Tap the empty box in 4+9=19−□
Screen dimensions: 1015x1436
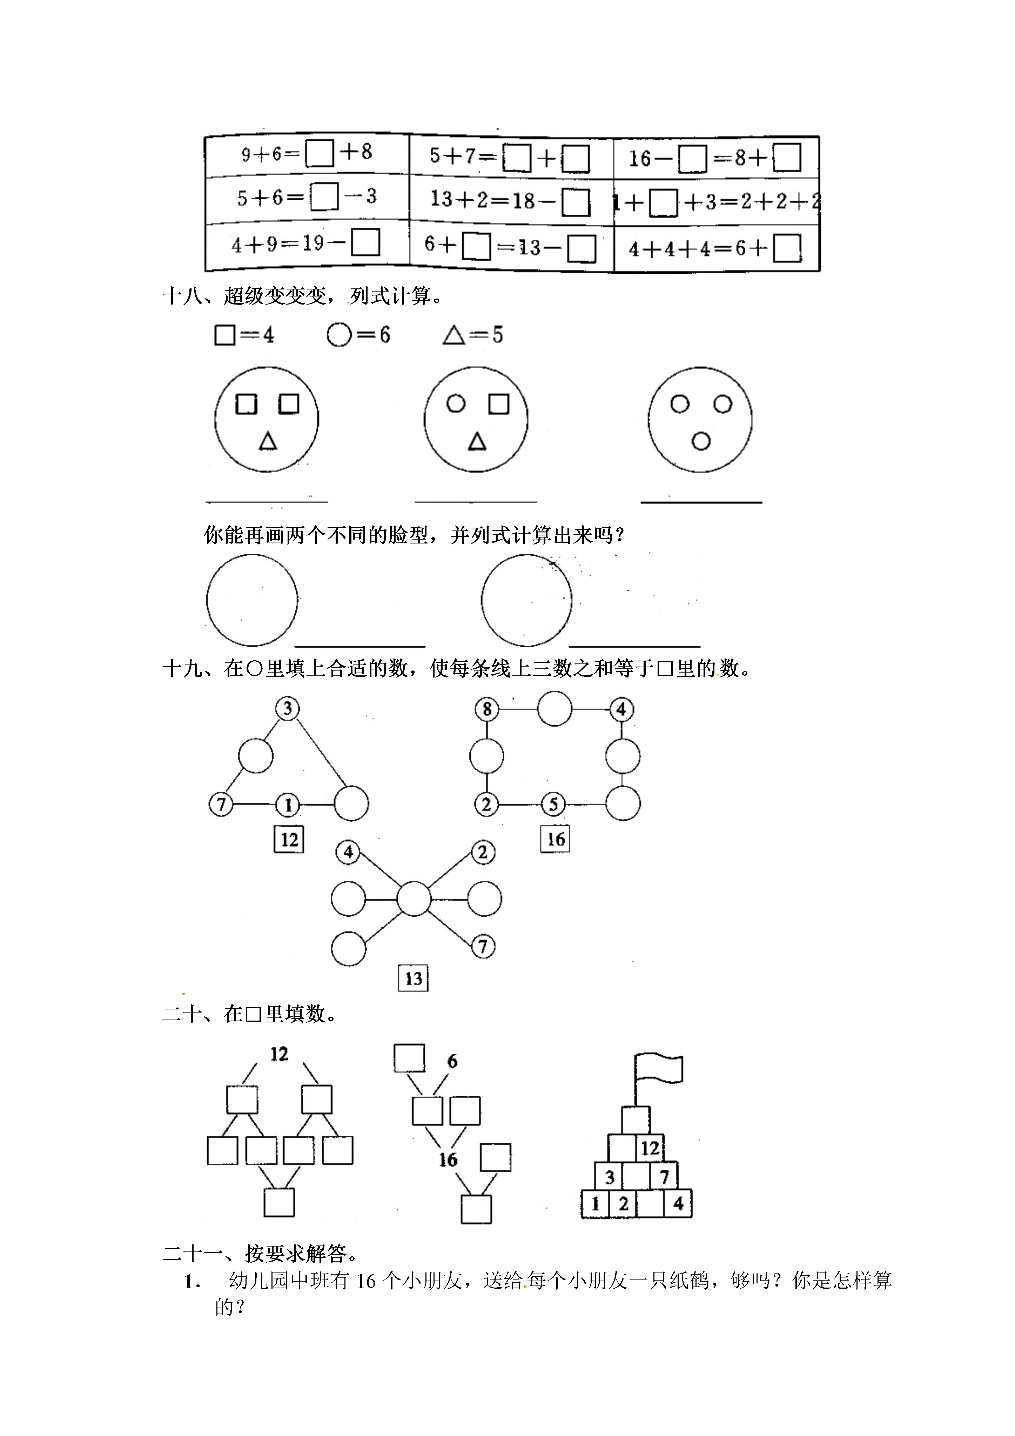click(x=365, y=243)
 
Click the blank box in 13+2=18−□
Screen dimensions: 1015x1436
click(x=575, y=202)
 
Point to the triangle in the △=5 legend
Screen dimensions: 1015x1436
click(x=453, y=336)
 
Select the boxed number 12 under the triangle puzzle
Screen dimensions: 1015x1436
click(x=289, y=839)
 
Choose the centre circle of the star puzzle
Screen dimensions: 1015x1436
click(x=414, y=899)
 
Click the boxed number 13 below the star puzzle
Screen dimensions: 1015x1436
click(x=414, y=978)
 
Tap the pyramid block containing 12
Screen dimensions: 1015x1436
click(x=650, y=1148)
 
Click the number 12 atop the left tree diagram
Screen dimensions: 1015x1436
click(x=279, y=1055)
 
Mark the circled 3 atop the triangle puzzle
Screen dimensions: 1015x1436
click(x=288, y=709)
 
